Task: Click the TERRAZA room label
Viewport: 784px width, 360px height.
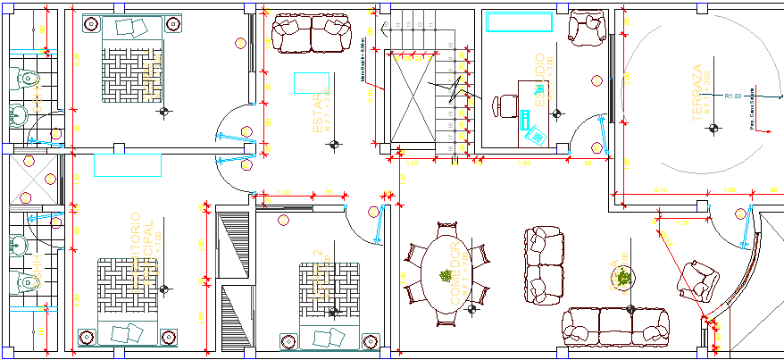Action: pos(697,95)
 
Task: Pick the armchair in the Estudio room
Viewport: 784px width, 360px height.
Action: pos(588,28)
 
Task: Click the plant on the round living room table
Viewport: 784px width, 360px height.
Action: pos(624,278)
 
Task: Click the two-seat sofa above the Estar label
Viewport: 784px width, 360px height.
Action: pos(311,33)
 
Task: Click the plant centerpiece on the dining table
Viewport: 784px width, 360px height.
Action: pos(445,276)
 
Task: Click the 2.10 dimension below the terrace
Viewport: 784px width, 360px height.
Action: pos(661,191)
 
